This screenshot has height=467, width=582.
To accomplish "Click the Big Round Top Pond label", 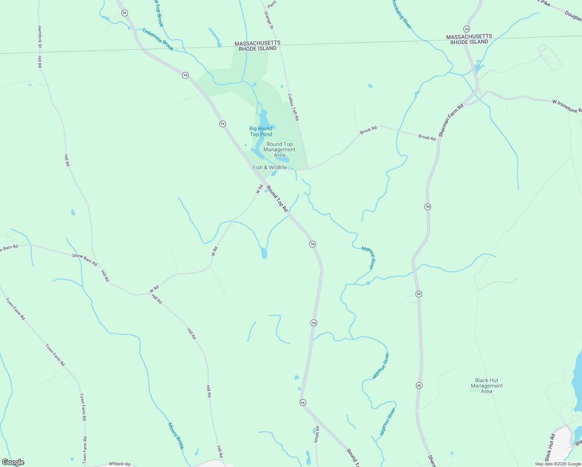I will click(261, 132).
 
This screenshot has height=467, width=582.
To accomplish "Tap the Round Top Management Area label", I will click(279, 149).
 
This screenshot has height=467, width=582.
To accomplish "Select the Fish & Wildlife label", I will click(270, 167).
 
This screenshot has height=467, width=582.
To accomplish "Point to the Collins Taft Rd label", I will click(293, 107).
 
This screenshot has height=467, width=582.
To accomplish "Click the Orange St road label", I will click(269, 20).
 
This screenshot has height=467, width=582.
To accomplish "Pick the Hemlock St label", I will click(39, 37).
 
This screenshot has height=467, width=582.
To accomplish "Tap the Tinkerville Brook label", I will click(158, 39).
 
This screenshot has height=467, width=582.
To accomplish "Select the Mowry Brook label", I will click(175, 435).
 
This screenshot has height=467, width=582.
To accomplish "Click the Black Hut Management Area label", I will click(486, 386).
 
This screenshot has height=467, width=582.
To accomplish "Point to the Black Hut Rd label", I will click(550, 447).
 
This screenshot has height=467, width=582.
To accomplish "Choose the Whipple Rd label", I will click(119, 463).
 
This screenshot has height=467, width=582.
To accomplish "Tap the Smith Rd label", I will click(317, 434).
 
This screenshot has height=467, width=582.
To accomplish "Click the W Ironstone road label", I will click(566, 106).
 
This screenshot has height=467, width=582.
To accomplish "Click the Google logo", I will click(13, 462).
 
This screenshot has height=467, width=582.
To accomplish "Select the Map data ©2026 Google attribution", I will click(557, 464).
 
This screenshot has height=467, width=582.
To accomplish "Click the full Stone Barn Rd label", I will click(84, 260).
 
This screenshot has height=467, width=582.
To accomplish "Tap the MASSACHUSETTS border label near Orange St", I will click(257, 43).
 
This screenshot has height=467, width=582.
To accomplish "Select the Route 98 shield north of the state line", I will click(466, 29).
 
